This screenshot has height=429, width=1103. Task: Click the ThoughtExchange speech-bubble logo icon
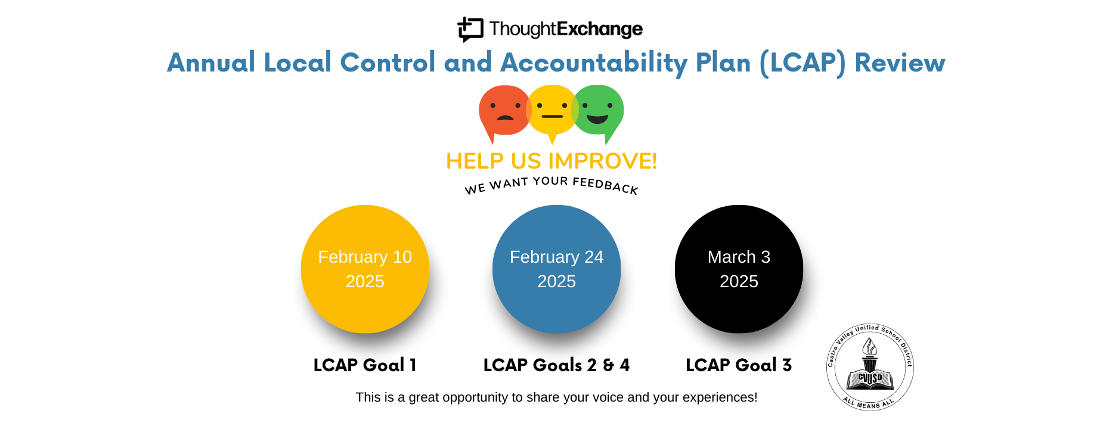pos(470,29)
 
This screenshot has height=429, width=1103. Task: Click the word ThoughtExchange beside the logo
pos(566,29)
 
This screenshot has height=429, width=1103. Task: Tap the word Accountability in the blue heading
pos(594,63)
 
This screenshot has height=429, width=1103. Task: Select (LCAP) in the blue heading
pos(803,63)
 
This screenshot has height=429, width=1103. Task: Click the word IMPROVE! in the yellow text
pos(602,161)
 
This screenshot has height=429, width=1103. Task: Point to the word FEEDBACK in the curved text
pos(605,185)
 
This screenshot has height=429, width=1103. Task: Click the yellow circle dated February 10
pos(365,269)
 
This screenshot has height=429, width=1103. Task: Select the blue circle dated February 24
pos(557,269)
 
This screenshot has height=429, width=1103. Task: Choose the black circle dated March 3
pos(739,269)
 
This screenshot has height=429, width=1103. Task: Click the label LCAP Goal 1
pos(365,365)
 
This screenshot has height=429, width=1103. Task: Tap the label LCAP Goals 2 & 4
pos(556,365)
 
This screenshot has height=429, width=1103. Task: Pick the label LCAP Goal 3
pos(739,365)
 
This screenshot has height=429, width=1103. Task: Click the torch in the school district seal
pos(870,354)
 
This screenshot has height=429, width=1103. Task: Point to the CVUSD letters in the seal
pos(870,378)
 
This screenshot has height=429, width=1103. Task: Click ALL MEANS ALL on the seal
pos(869,403)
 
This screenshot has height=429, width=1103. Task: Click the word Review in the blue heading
pos(900,63)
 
